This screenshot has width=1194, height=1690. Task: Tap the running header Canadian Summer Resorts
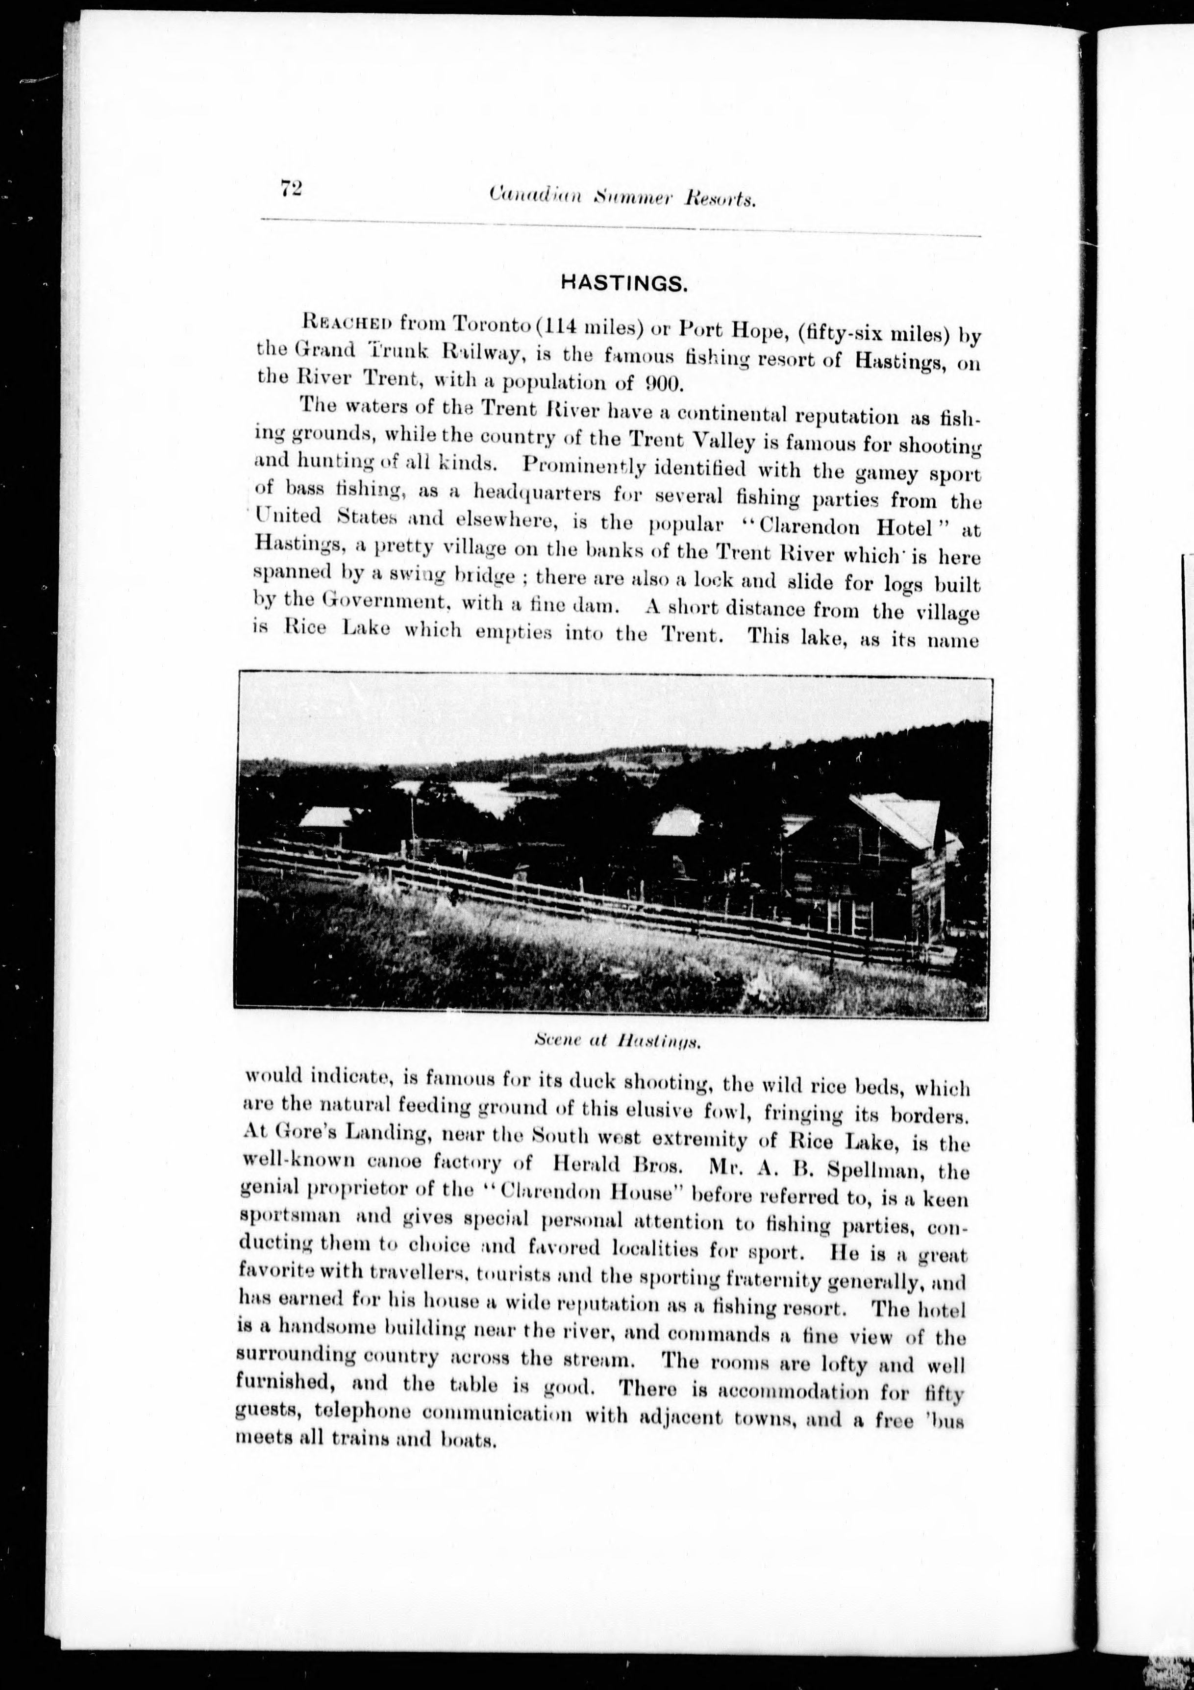[622, 197]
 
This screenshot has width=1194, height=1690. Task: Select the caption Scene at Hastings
[617, 1042]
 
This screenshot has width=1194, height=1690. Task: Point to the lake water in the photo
[482, 795]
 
